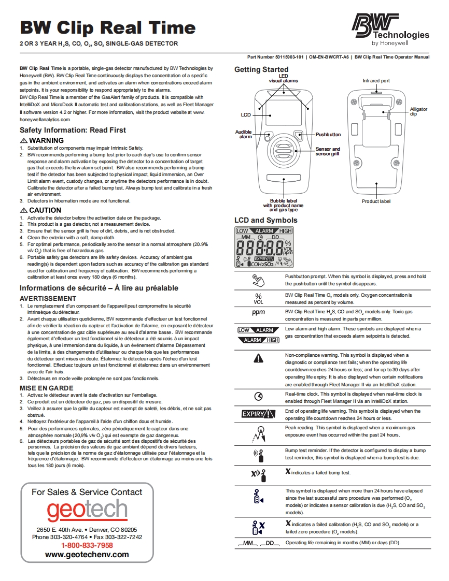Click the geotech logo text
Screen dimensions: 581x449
pos(87,511)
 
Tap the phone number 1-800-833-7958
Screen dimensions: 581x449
pos(87,545)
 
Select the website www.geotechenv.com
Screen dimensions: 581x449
pos(87,554)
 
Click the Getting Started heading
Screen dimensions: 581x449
pos(261,69)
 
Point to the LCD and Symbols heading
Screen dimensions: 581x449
pos(266,221)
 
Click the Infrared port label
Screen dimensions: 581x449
pos(376,81)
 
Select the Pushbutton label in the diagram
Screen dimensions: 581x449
pos(328,135)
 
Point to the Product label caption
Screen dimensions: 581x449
pos(376,201)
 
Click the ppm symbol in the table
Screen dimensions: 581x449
pos(258,313)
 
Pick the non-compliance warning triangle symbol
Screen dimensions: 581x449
pos(258,358)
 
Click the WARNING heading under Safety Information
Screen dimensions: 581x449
pos(42,140)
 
